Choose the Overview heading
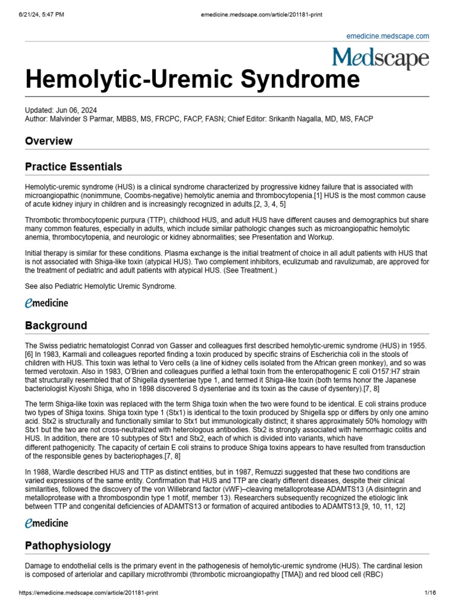(x=49, y=141)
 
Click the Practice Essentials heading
(x=73, y=167)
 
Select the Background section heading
(x=56, y=325)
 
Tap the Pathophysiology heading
(x=68, y=545)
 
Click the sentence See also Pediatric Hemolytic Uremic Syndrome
(x=100, y=286)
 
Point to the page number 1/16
(x=430, y=593)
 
